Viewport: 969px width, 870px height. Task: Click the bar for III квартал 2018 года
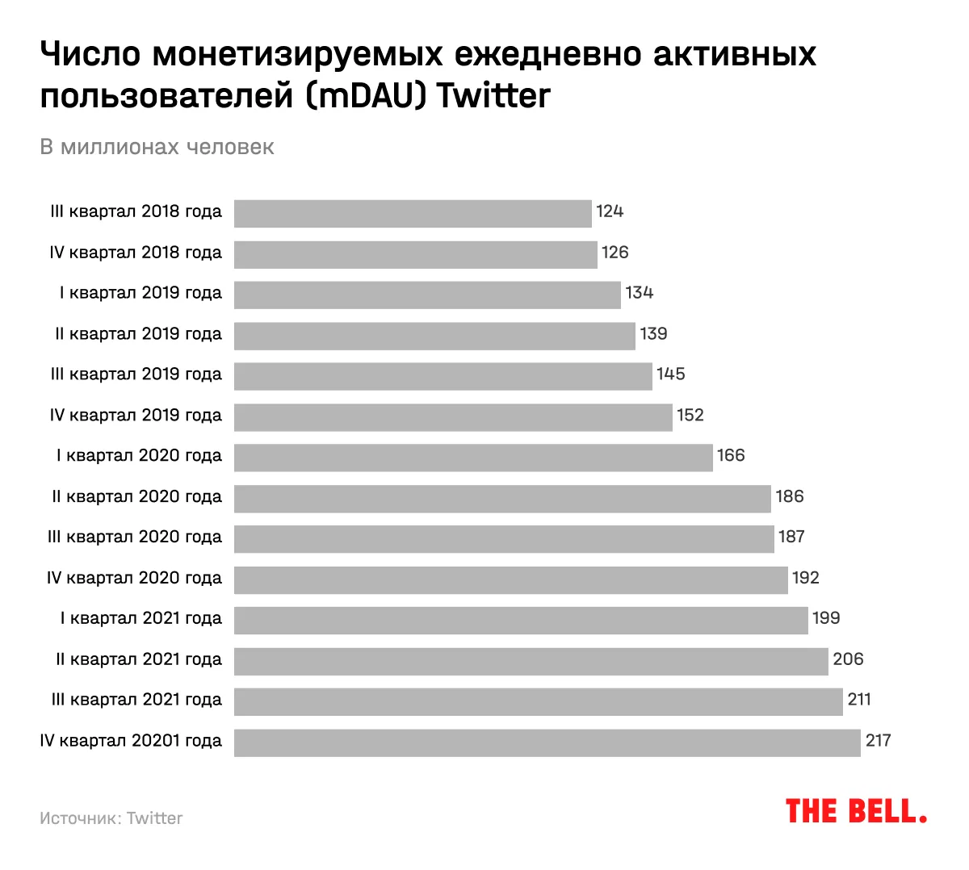pyautogui.click(x=413, y=214)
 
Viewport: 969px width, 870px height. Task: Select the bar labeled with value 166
pyautogui.click(x=473, y=458)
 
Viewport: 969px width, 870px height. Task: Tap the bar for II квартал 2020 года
pyautogui.click(x=502, y=499)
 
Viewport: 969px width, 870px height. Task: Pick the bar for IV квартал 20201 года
pyautogui.click(x=547, y=742)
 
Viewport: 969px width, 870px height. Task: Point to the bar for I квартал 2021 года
pyautogui.click(x=521, y=621)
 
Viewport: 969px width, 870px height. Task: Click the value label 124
pyautogui.click(x=610, y=211)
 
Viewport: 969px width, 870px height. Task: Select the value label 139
pyautogui.click(x=653, y=334)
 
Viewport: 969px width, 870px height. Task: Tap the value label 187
pyautogui.click(x=791, y=537)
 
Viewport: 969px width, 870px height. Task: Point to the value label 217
pyautogui.click(x=878, y=740)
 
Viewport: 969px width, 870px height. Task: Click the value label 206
pyautogui.click(x=848, y=659)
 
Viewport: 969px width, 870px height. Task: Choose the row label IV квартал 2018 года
pyautogui.click(x=136, y=253)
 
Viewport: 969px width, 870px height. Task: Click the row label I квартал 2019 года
pyautogui.click(x=141, y=293)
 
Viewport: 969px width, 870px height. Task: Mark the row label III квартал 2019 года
pyautogui.click(x=136, y=374)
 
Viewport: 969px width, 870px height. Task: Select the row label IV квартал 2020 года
pyautogui.click(x=134, y=578)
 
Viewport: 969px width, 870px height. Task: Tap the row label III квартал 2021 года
pyautogui.click(x=136, y=700)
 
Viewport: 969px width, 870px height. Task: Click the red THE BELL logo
pyautogui.click(x=856, y=811)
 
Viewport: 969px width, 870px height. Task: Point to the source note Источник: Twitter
pyautogui.click(x=111, y=818)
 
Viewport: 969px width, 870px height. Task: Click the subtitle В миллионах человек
pyautogui.click(x=157, y=147)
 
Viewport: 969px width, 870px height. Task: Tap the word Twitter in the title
pyautogui.click(x=493, y=96)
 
